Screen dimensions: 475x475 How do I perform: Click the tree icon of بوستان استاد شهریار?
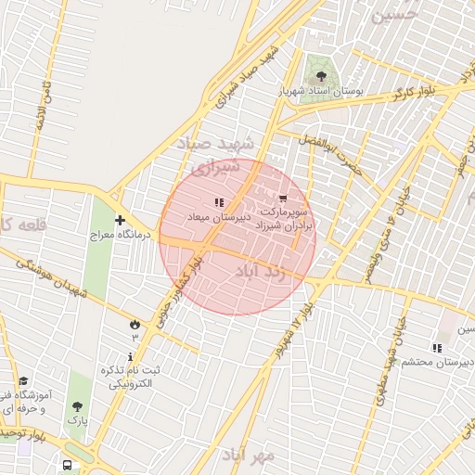click(321, 76)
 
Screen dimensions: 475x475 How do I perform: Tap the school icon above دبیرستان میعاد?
click(219, 202)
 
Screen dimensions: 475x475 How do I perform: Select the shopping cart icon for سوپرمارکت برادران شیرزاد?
click(282, 198)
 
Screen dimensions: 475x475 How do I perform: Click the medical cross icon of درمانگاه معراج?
click(120, 220)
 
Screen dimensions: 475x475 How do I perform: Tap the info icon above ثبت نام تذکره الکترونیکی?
click(131, 356)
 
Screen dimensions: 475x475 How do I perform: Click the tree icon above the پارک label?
click(77, 405)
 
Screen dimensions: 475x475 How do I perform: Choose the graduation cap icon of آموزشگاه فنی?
click(23, 380)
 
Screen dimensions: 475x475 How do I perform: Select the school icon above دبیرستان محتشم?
click(437, 348)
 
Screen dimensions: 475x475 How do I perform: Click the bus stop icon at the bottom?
click(68, 464)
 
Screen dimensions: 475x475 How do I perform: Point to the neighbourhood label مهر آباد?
click(250, 454)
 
